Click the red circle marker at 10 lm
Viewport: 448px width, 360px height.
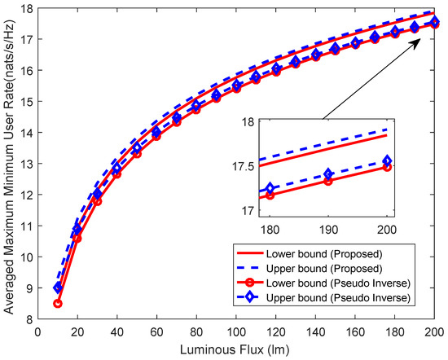tap(58, 303)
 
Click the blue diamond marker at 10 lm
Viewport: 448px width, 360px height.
tap(58, 288)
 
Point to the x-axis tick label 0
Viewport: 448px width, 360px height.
tap(37, 331)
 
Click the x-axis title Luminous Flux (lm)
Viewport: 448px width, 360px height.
tap(236, 349)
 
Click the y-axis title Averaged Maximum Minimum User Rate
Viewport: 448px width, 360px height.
tap(9, 163)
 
